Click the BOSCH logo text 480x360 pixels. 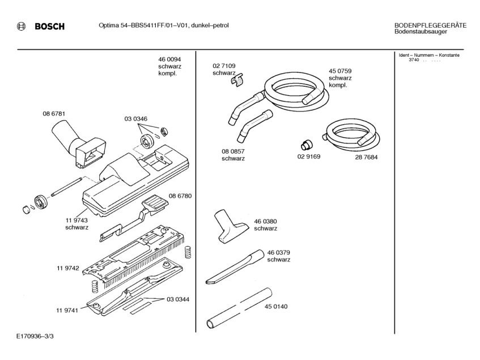(49, 27)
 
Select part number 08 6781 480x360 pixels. (54, 114)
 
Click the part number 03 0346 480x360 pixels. (136, 118)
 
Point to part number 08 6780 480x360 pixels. (180, 196)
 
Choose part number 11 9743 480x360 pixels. (77, 220)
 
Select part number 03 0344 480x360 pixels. (177, 299)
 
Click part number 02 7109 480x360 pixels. (224, 66)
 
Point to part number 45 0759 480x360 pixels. (340, 71)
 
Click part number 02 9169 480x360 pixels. (309, 157)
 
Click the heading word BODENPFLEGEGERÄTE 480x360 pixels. (430, 25)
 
